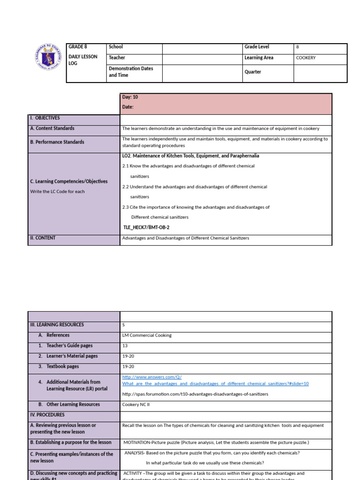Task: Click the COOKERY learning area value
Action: click(x=306, y=58)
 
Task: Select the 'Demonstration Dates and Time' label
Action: click(x=131, y=72)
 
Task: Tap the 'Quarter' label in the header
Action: click(x=253, y=72)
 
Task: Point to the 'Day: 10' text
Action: click(x=130, y=97)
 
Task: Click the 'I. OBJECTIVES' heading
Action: click(x=45, y=118)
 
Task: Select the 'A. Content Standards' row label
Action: click(x=52, y=128)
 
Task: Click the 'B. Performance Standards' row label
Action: click(x=57, y=142)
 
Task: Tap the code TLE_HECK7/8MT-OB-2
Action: click(x=146, y=227)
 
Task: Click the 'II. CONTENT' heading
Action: click(x=43, y=238)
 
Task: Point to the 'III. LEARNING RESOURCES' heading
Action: click(x=57, y=325)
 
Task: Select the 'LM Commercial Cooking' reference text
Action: click(x=147, y=336)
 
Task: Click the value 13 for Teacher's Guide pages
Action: click(x=125, y=346)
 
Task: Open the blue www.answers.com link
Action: click(x=151, y=377)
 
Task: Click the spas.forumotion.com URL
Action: click(x=195, y=394)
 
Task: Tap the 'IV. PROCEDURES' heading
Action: click(x=47, y=415)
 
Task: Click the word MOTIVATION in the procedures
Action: click(x=138, y=442)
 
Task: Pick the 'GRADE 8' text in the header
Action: click(x=78, y=47)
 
